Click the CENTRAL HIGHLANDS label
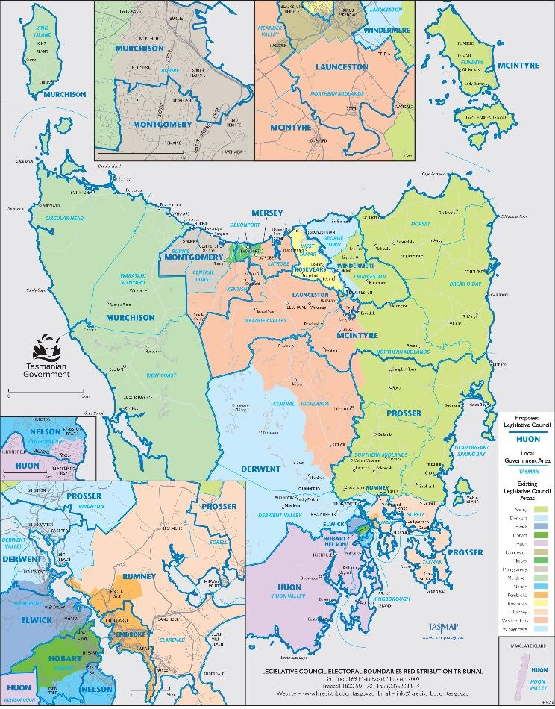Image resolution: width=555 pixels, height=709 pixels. [306, 404]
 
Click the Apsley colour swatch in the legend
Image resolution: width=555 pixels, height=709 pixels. [539, 509]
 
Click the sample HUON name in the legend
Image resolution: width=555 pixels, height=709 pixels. [527, 440]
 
